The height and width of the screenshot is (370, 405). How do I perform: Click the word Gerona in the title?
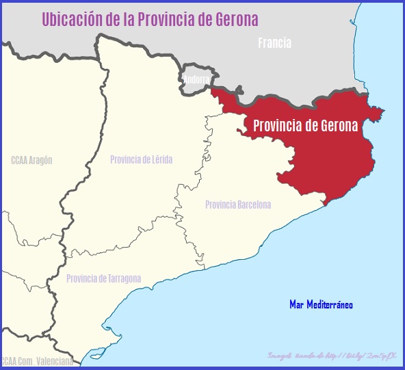click(235, 19)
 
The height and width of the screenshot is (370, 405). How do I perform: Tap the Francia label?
click(274, 43)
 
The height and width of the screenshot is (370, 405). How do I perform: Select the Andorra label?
click(197, 80)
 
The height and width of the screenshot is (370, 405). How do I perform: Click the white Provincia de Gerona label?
click(306, 126)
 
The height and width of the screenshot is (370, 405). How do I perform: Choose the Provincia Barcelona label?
click(237, 204)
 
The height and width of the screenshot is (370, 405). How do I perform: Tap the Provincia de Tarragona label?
click(103, 278)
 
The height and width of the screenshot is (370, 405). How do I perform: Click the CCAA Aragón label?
click(31, 160)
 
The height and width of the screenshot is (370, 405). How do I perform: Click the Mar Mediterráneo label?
click(321, 304)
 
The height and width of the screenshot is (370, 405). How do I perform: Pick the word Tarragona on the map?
click(122, 278)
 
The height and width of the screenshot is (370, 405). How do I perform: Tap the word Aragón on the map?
click(42, 160)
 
